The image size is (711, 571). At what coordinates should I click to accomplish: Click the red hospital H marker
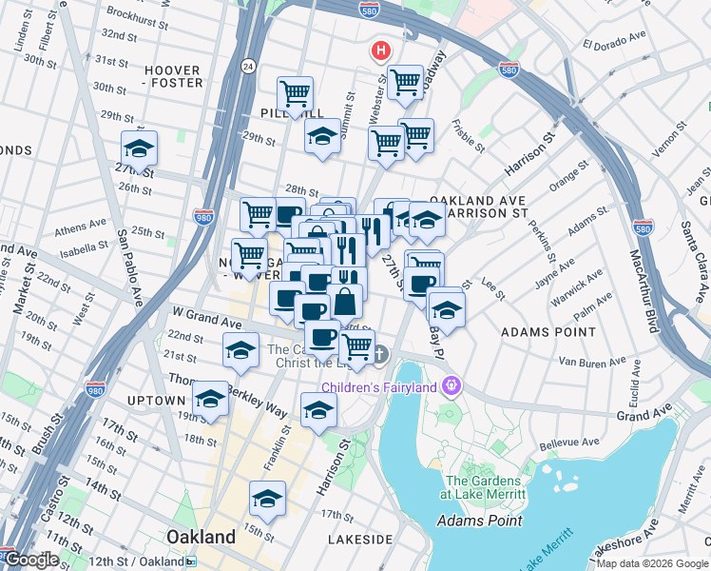coord(381,49)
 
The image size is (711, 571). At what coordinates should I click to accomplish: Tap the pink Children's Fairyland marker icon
coord(451,386)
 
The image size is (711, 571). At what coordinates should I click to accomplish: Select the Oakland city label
coord(201,537)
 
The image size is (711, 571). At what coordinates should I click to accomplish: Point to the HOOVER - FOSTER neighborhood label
coord(173,76)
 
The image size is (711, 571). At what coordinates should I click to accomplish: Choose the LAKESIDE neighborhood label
coord(359,540)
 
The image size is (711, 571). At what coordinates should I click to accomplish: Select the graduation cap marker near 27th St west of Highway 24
coord(139,149)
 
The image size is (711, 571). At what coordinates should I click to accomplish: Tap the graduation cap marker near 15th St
coord(267,499)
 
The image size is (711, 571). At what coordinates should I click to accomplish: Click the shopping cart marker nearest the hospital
coord(406,82)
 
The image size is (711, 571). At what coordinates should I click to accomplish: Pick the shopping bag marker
coord(345,302)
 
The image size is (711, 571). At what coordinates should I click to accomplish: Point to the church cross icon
coord(379,356)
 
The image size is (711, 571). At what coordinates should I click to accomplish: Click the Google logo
coord(31,560)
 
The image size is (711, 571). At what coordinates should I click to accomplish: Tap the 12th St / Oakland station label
coord(144,561)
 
